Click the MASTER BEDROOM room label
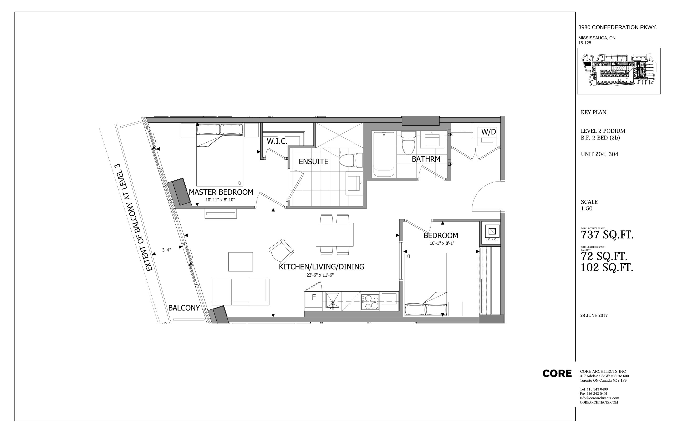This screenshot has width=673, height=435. point(221,192)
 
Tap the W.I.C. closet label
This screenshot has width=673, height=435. point(277,141)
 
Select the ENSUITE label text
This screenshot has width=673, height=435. point(313,162)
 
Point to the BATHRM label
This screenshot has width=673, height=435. point(426,159)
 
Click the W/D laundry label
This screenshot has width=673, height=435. point(488,132)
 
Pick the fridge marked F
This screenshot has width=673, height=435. point(313,301)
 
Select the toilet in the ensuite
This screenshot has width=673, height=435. point(350,160)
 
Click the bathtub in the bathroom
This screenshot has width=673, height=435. point(384,154)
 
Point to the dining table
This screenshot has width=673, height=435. point(334,235)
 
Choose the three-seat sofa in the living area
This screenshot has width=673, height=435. point(241,292)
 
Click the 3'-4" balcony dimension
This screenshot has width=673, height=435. point(166,250)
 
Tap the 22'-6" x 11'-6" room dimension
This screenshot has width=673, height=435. point(320,275)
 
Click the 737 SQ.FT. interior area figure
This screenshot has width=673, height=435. point(607,235)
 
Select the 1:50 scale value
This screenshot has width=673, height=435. point(587,209)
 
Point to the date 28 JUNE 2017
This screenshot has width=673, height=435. point(594,315)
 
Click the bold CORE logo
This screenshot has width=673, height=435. point(557,374)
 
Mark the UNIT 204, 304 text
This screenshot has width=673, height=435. point(599,154)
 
